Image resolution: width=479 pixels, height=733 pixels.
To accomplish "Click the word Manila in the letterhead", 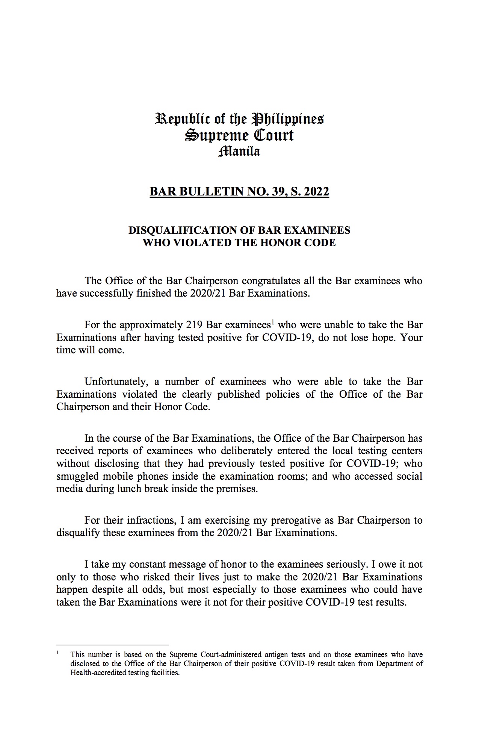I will [x=239, y=151].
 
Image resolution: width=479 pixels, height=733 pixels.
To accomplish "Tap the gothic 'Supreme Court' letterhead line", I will [x=239, y=135].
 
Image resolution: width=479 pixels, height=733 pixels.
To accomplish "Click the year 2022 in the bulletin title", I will [x=316, y=192].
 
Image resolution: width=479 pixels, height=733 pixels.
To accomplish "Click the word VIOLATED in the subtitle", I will [x=193, y=243].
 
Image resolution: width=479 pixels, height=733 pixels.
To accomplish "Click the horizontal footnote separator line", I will [x=112, y=644].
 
